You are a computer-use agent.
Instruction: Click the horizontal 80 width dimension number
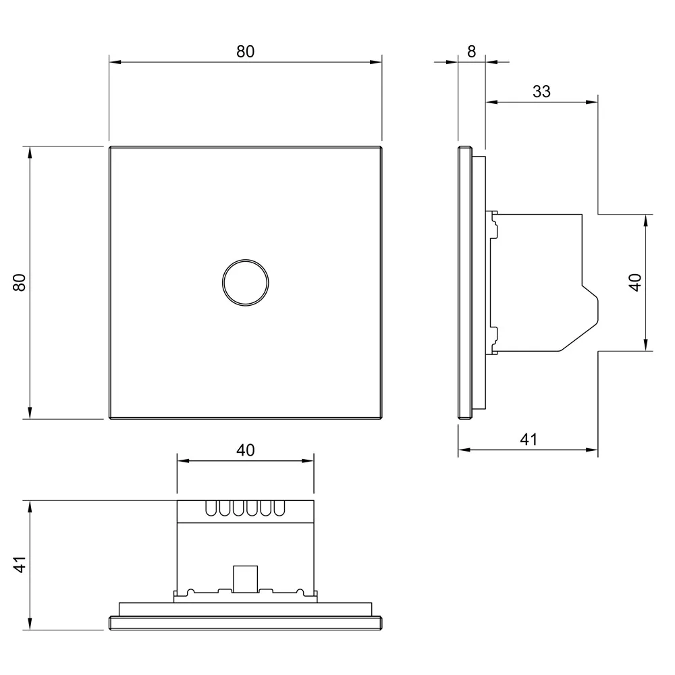point(246,52)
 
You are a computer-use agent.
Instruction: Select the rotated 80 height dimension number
point(20,283)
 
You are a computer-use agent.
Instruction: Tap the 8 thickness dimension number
point(471,52)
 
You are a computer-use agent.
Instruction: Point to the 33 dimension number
point(541,91)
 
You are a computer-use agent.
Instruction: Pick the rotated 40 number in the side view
point(635,282)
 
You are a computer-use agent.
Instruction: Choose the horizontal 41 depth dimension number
point(529,439)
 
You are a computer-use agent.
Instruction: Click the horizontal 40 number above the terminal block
point(246,450)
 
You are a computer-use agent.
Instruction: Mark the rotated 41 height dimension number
point(20,565)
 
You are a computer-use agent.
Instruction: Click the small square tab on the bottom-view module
point(246,579)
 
